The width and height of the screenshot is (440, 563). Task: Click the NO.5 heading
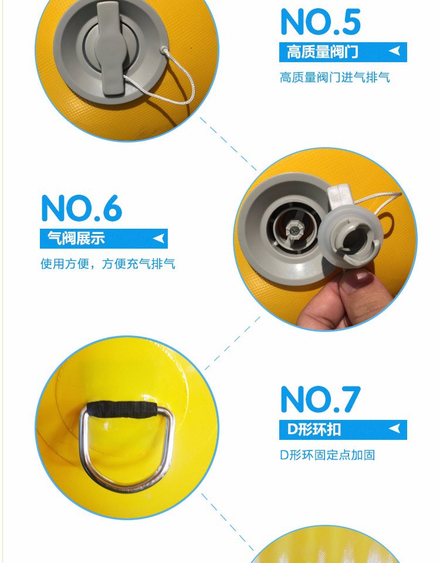tap(320, 22)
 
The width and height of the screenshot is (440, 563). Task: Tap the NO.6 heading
tap(82, 208)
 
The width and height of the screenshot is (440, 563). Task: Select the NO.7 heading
tap(320, 399)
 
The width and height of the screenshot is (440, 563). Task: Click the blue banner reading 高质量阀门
tap(343, 52)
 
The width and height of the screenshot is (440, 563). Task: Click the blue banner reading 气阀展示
tap(103, 239)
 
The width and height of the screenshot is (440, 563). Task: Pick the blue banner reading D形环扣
tap(343, 430)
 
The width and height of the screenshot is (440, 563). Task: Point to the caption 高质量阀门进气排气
tap(335, 77)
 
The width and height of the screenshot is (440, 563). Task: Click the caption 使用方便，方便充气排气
tap(108, 264)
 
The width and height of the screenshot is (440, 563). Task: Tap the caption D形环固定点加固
tap(327, 455)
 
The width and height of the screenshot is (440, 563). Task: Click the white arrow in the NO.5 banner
tap(395, 51)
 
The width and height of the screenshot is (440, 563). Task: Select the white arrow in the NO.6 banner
tap(158, 238)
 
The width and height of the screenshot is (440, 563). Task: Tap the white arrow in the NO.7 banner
tap(395, 428)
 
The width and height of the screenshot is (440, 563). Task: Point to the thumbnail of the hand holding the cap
tap(326, 239)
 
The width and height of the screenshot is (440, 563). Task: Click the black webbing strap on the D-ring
tap(122, 409)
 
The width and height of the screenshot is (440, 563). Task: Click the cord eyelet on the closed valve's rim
tap(164, 49)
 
